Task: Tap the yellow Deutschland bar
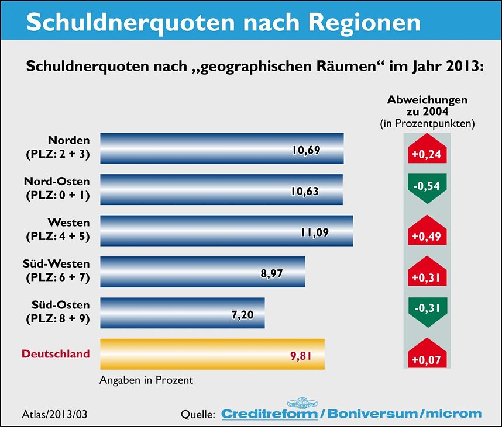pyautogui.click(x=212, y=354)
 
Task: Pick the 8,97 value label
pyautogui.click(x=271, y=273)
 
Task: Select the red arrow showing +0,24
pyautogui.click(x=427, y=150)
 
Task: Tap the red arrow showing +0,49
pyautogui.click(x=427, y=232)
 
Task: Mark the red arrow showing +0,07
pyautogui.click(x=427, y=354)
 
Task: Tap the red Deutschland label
pyautogui.click(x=56, y=354)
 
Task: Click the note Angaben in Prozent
pyautogui.click(x=147, y=380)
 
